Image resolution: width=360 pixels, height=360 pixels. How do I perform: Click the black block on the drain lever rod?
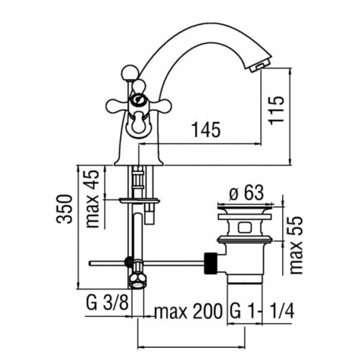pos(210,261)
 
